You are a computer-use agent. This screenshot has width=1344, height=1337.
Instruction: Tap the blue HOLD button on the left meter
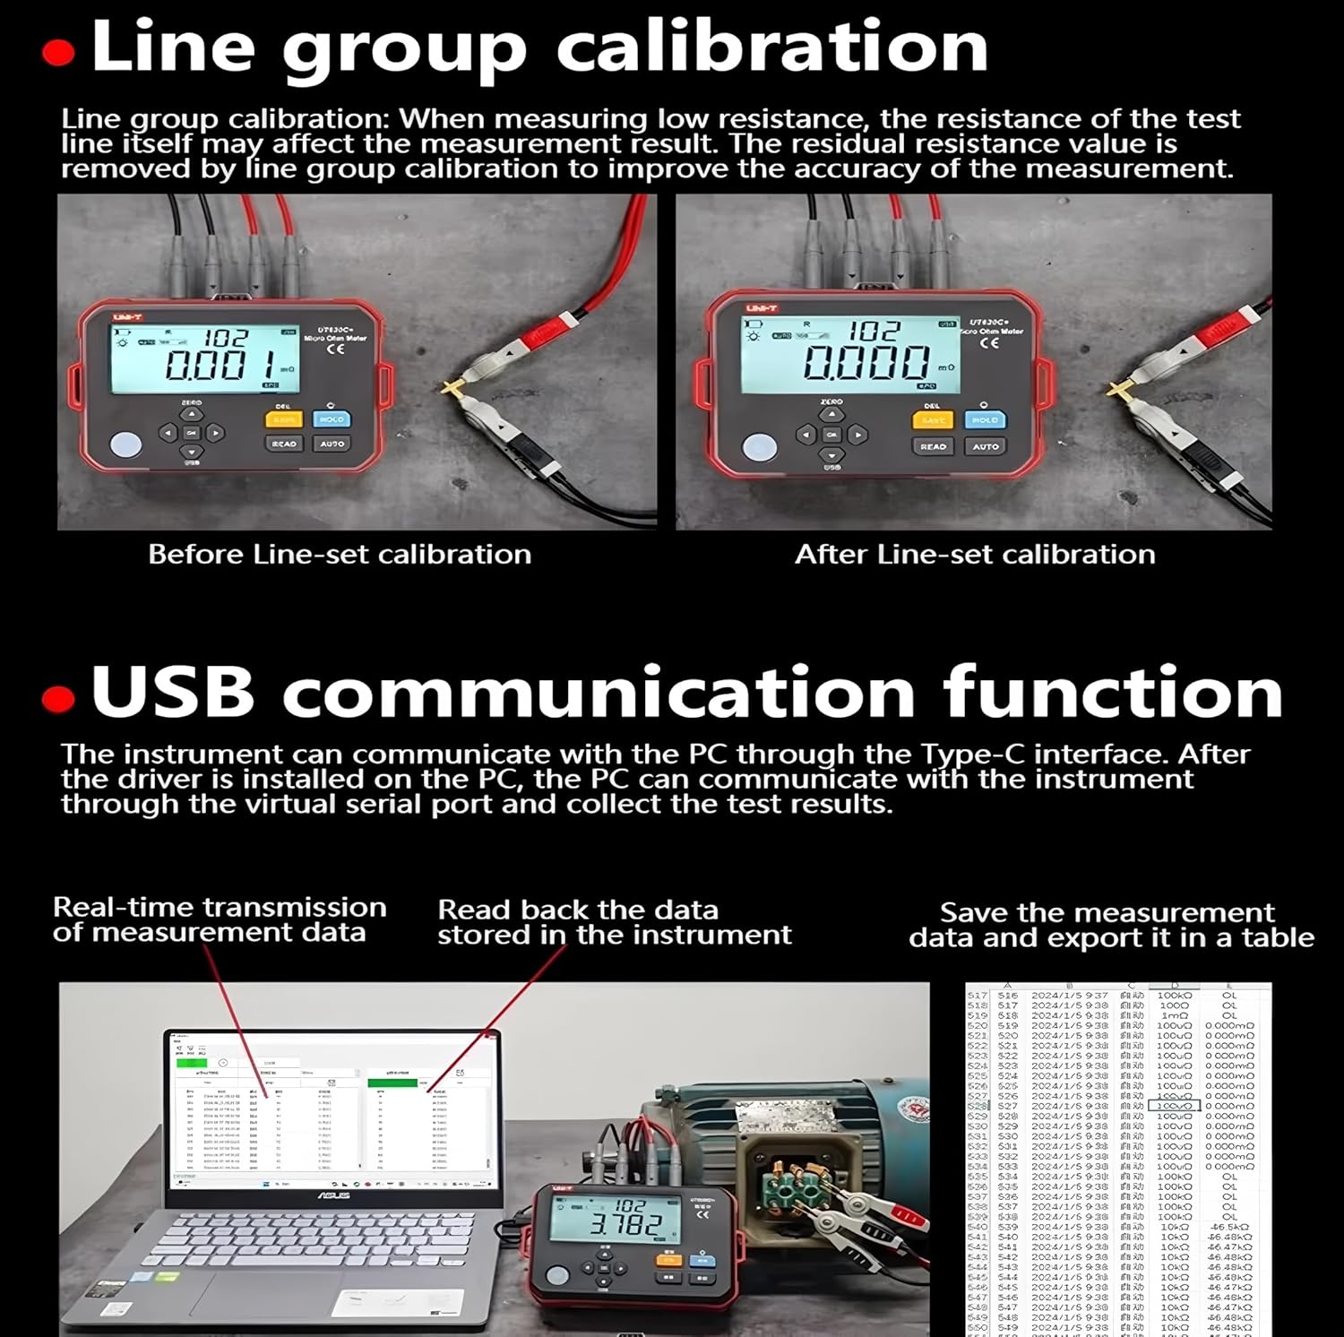tap(332, 419)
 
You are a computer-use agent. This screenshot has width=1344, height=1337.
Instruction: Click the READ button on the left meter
tap(283, 444)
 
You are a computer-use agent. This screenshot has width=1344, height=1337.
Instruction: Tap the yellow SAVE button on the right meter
tap(933, 420)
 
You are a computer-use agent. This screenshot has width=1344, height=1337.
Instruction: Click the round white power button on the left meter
tap(126, 445)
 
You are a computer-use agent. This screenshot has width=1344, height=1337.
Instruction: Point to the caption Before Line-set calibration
tap(340, 555)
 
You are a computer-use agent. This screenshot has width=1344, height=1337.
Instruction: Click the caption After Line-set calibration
tap(975, 555)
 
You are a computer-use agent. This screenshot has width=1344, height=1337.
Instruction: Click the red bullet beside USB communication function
tap(58, 698)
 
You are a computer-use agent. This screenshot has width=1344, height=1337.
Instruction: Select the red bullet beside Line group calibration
tap(58, 53)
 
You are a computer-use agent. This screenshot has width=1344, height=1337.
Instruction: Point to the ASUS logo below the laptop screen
tap(332, 1195)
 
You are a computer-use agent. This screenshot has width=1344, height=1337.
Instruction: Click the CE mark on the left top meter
tap(335, 349)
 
